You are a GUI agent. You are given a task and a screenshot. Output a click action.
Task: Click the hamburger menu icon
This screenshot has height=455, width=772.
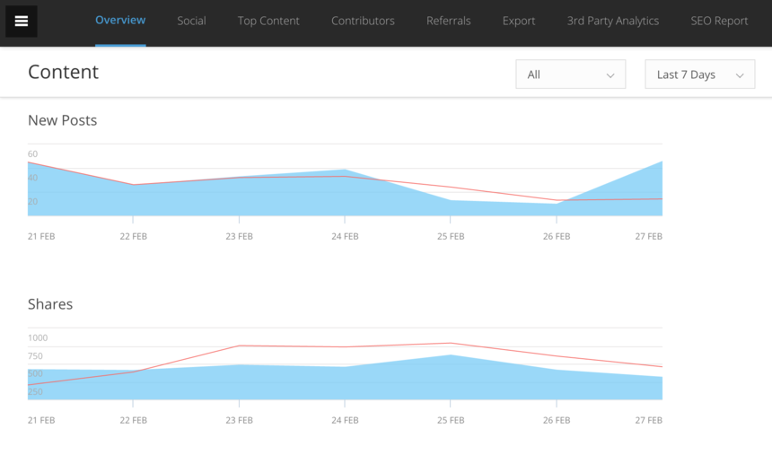[22, 22]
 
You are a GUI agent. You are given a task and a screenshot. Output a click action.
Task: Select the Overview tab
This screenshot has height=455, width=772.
[120, 21]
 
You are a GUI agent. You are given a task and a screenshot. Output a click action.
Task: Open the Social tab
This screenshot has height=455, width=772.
[191, 21]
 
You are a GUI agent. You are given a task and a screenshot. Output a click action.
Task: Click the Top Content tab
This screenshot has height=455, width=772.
[268, 21]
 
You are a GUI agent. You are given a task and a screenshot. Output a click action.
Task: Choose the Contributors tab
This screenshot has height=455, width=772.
[363, 21]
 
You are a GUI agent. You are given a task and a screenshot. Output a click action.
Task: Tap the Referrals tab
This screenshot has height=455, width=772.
[449, 21]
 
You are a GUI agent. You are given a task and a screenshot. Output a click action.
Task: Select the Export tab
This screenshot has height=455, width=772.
[519, 21]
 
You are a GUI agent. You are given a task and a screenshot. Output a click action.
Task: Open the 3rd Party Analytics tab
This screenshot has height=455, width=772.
[613, 21]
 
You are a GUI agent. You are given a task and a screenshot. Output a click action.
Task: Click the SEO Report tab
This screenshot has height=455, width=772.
[719, 21]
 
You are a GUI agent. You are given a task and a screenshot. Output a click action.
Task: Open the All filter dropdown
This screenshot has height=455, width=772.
[570, 74]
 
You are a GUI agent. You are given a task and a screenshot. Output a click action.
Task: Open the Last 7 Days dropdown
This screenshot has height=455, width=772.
[699, 74]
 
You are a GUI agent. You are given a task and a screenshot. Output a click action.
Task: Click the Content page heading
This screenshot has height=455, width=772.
[63, 73]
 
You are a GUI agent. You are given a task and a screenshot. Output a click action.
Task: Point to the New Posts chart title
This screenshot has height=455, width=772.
[62, 120]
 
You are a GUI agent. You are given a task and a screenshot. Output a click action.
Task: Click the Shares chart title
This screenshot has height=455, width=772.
[50, 304]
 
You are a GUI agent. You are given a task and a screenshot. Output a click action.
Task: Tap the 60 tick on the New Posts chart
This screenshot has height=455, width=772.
[33, 154]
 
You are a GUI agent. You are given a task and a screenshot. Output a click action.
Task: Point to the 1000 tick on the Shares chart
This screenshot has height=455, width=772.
[38, 338]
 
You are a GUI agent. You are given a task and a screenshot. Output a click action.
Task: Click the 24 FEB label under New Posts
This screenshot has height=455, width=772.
[345, 237]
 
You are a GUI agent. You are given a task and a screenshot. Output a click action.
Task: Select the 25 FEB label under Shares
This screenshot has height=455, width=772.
[451, 420]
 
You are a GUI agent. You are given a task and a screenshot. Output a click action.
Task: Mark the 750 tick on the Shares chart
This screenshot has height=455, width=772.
[35, 356]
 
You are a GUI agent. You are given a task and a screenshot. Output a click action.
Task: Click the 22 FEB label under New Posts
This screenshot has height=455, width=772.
[133, 237]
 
